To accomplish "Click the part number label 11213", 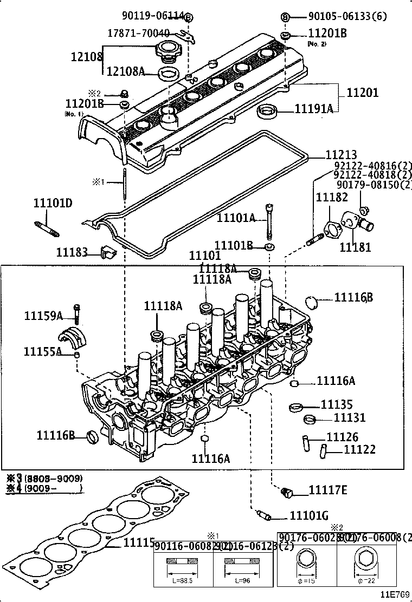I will point(341,155).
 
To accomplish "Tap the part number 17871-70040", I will point(138,32).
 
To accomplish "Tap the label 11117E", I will point(328,490).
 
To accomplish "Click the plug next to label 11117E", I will point(287,492).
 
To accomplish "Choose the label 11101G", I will point(308,515).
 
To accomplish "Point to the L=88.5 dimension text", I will point(182,580).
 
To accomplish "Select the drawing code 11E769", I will point(395,594).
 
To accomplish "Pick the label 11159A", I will point(43,316).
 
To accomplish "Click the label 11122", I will point(359,449).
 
